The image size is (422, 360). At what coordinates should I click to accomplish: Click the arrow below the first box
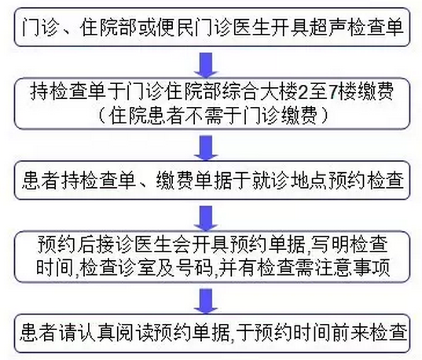click(207, 65)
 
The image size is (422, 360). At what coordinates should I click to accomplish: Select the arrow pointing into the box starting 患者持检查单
click(207, 148)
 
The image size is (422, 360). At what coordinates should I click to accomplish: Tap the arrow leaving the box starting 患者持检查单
click(207, 219)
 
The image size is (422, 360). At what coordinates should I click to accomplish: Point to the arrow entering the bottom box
click(207, 301)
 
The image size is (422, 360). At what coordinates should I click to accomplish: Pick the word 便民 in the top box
click(174, 28)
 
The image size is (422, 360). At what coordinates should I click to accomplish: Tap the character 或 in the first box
click(146, 28)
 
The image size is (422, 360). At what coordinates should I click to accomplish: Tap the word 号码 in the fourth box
click(195, 268)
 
